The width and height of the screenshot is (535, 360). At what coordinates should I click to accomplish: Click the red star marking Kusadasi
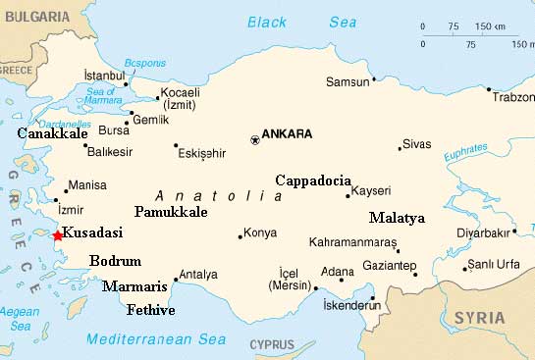(56, 234)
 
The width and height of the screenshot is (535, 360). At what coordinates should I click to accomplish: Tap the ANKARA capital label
(288, 134)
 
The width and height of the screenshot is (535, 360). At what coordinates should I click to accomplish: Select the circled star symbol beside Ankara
(255, 140)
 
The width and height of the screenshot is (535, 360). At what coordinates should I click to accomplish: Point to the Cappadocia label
(312, 180)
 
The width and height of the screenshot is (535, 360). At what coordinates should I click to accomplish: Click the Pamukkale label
(170, 212)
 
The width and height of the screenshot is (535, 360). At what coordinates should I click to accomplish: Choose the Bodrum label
(115, 261)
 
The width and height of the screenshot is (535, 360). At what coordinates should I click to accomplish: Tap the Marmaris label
(134, 287)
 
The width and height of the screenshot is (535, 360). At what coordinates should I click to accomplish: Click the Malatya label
(397, 218)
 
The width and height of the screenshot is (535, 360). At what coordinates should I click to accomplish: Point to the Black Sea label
(301, 22)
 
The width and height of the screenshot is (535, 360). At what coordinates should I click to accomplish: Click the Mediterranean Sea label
(155, 339)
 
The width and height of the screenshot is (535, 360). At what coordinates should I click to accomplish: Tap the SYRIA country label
(479, 319)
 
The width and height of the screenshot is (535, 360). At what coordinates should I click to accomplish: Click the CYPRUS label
(272, 344)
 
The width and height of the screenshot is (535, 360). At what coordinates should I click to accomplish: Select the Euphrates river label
(464, 154)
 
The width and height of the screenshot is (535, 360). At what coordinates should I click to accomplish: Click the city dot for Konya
(241, 235)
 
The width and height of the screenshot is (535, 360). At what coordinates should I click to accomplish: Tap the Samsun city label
(347, 81)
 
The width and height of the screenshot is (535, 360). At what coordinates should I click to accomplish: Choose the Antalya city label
(199, 275)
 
